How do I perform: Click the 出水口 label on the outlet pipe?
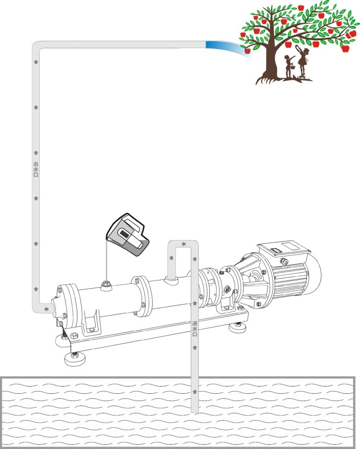[36, 169]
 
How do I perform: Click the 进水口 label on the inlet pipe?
[195, 329]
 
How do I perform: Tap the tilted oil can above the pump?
[128, 235]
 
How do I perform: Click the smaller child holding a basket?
[289, 67]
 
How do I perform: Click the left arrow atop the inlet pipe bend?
[184, 244]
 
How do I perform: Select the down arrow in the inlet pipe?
[171, 258]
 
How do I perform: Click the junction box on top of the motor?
[283, 250]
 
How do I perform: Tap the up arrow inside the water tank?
[195, 391]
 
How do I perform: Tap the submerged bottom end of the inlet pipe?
[195, 412]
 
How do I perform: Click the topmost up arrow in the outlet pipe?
[36, 62]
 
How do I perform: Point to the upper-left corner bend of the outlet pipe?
[36, 46]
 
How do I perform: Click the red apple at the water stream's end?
[248, 51]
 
